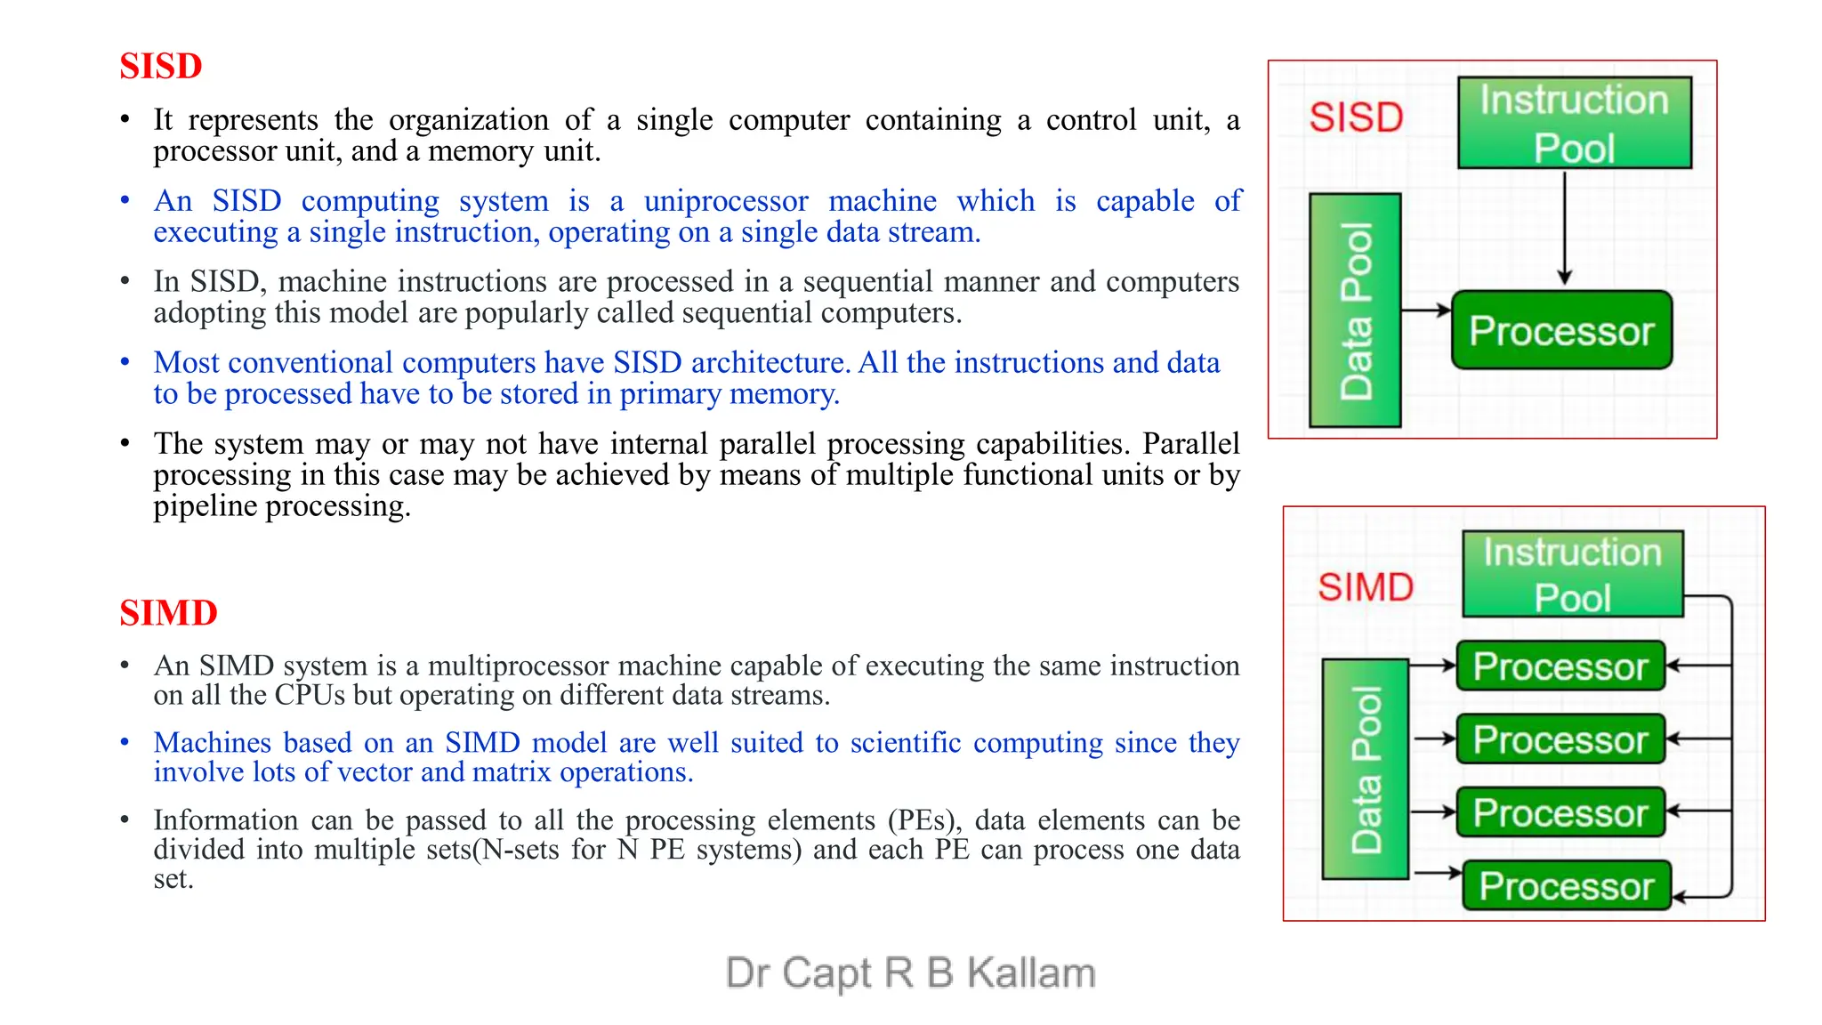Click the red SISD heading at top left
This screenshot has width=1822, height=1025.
[x=161, y=67]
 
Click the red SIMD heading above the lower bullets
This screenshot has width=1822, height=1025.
[x=168, y=613]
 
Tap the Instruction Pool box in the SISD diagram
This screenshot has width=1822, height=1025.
[x=1574, y=123]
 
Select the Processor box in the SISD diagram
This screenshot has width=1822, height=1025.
[x=1561, y=331]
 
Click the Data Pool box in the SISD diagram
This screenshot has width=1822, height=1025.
[x=1355, y=311]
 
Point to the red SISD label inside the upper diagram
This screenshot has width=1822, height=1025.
[x=1356, y=117]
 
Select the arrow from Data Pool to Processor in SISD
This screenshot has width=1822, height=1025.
[x=1425, y=311]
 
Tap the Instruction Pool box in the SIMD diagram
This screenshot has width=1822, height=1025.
[x=1572, y=574]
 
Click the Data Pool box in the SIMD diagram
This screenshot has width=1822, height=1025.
[x=1366, y=770]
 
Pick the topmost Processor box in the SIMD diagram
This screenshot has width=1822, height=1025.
[x=1560, y=666]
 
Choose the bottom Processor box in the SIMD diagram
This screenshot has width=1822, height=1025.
[x=1566, y=886]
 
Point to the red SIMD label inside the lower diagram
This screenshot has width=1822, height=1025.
[x=1366, y=587]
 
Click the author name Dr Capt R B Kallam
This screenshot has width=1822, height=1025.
[x=910, y=973]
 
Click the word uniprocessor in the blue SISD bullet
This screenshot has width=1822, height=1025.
[x=726, y=201]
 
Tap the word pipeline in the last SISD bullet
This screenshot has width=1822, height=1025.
[x=206, y=506]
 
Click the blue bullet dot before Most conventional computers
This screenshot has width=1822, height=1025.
[x=125, y=362]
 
